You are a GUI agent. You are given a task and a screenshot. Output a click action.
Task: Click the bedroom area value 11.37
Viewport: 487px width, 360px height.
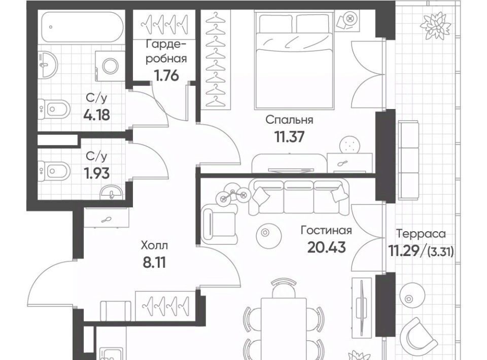[289, 136]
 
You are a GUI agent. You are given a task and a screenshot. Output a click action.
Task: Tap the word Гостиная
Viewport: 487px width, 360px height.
[326, 231]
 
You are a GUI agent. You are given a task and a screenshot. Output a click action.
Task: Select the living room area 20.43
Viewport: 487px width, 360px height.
[326, 247]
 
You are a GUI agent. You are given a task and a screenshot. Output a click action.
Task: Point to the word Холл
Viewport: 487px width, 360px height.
[154, 245]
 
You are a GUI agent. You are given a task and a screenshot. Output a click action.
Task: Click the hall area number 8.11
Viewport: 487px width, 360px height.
[154, 263]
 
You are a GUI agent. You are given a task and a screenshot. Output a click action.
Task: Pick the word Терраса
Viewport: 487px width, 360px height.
[421, 233]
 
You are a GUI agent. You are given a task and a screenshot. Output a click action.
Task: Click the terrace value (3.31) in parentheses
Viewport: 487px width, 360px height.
[441, 252]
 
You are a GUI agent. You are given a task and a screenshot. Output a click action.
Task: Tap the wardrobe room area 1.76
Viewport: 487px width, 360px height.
[167, 75]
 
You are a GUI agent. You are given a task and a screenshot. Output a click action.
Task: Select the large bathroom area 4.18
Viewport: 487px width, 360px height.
[96, 115]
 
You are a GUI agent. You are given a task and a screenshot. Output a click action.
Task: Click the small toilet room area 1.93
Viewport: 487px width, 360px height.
[96, 173]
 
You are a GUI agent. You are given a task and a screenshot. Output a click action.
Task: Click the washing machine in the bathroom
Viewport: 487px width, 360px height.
[110, 66]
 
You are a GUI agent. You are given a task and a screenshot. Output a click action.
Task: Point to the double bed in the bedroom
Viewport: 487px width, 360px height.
[294, 60]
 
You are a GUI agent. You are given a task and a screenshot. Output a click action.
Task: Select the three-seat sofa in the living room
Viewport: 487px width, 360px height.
[299, 198]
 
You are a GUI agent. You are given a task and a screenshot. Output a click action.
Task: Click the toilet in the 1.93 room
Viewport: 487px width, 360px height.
[54, 171]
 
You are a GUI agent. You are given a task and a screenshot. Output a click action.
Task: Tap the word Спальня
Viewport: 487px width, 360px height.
[289, 120]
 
